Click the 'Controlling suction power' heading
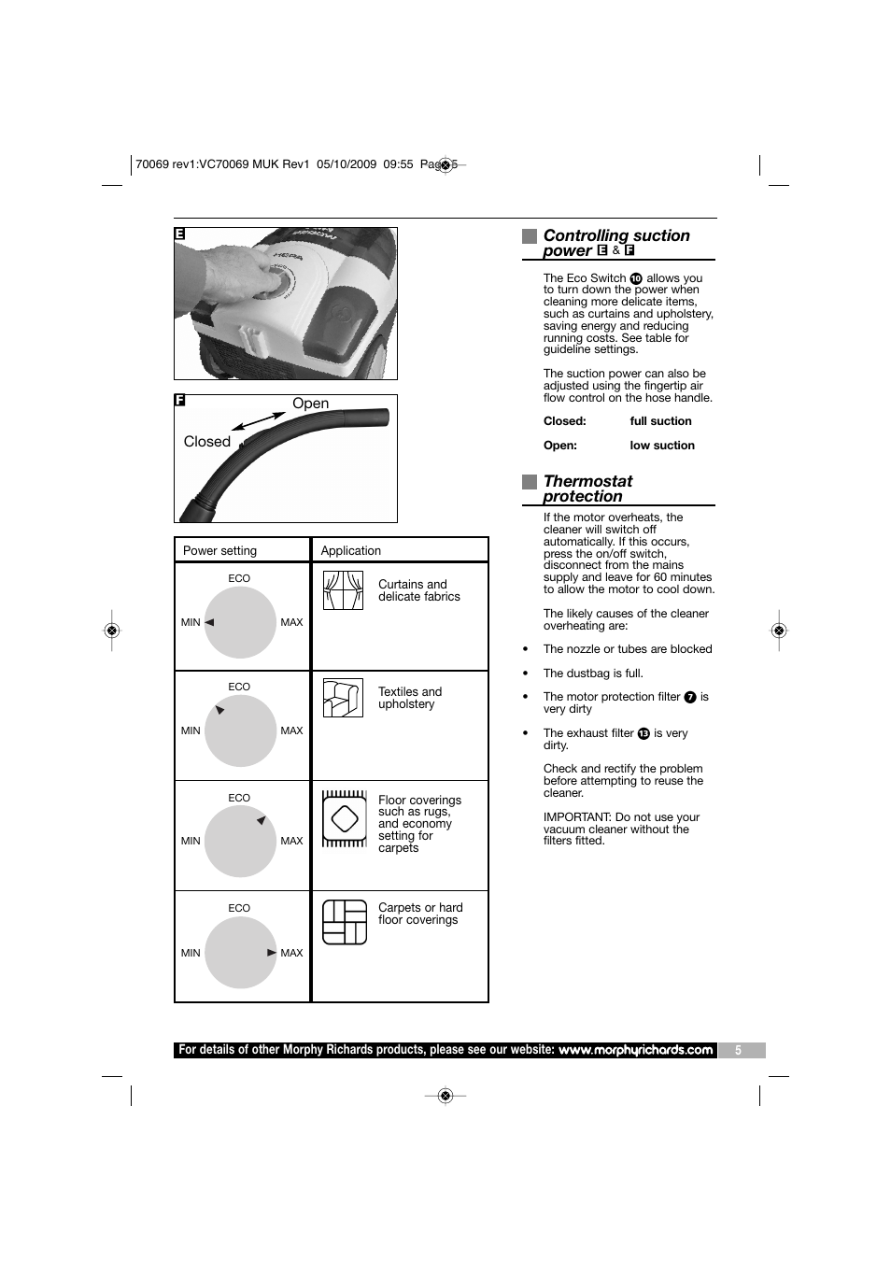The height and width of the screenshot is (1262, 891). click(616, 242)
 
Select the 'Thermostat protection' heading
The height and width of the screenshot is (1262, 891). click(587, 489)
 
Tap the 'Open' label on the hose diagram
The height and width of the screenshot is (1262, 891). click(310, 404)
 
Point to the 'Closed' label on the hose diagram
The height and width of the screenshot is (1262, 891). click(207, 442)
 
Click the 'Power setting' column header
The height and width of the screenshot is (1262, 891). click(219, 551)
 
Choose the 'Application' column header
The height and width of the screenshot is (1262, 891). click(351, 551)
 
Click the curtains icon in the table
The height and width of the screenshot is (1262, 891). click(343, 590)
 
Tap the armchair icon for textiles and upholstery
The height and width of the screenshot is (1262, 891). click(343, 699)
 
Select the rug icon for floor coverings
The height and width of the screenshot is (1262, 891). click(345, 819)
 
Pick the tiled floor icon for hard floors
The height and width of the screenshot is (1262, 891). click(345, 922)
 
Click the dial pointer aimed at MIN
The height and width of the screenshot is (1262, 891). click(209, 622)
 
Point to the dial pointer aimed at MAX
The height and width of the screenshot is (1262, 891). click(272, 953)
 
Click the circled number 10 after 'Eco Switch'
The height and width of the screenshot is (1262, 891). click(636, 278)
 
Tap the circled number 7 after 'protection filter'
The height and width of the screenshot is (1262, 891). click(690, 698)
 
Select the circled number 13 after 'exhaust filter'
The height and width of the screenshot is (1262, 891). click(643, 734)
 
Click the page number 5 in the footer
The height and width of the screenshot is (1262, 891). click(738, 1051)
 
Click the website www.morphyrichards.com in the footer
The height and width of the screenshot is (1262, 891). click(636, 1050)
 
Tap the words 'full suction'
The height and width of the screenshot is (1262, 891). click(660, 421)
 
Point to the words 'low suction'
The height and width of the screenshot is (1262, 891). click(662, 446)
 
